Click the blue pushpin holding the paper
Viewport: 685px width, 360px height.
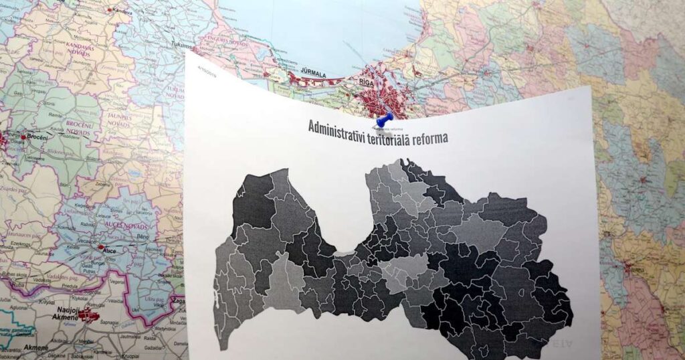tap(385, 120)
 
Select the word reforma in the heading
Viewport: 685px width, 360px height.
tap(426, 137)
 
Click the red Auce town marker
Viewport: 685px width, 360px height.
tap(100, 249)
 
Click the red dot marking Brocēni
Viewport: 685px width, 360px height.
tap(23, 137)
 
